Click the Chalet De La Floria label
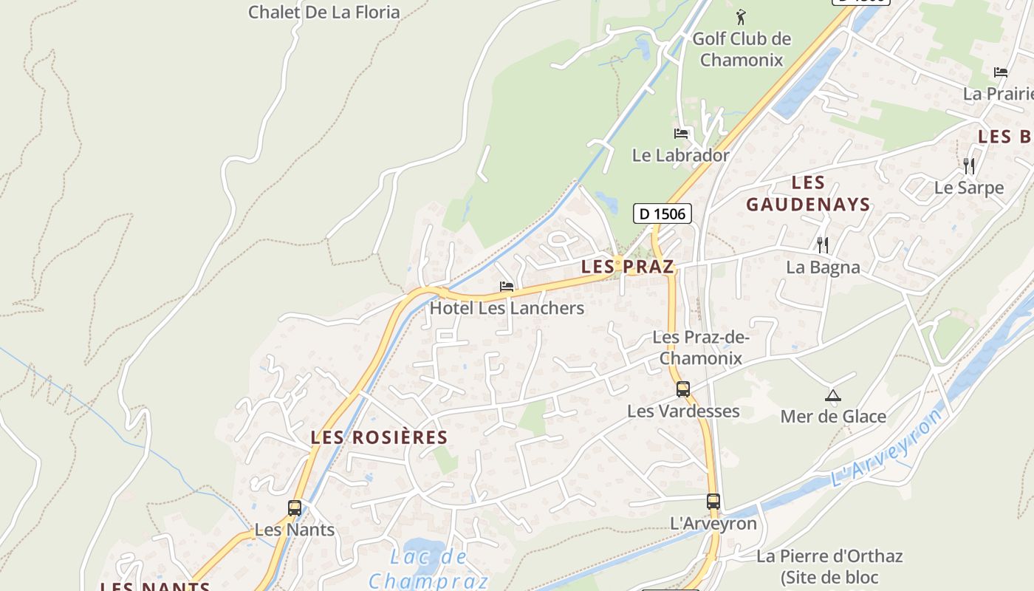pyautogui.click(x=323, y=12)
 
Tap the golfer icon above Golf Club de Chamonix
pyautogui.click(x=741, y=16)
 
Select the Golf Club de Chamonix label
pyautogui.click(x=742, y=49)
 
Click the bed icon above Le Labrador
pyautogui.click(x=681, y=134)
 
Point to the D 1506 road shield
pyautogui.click(x=662, y=214)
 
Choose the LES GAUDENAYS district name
pyautogui.click(x=808, y=194)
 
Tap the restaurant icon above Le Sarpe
pyautogui.click(x=969, y=165)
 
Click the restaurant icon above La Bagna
pyautogui.click(x=823, y=245)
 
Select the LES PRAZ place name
pyautogui.click(x=628, y=267)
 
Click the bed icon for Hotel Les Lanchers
pyautogui.click(x=507, y=286)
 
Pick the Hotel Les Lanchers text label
pyautogui.click(x=507, y=308)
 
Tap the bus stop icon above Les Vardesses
pyautogui.click(x=683, y=389)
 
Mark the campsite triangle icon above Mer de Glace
pyautogui.click(x=833, y=395)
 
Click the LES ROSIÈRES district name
pyautogui.click(x=379, y=437)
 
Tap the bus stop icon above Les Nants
pyautogui.click(x=295, y=508)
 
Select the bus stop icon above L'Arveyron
pyautogui.click(x=713, y=501)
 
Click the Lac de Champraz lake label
pyautogui.click(x=428, y=567)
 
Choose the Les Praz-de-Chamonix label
pyautogui.click(x=701, y=348)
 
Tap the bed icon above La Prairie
pyautogui.click(x=1001, y=72)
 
